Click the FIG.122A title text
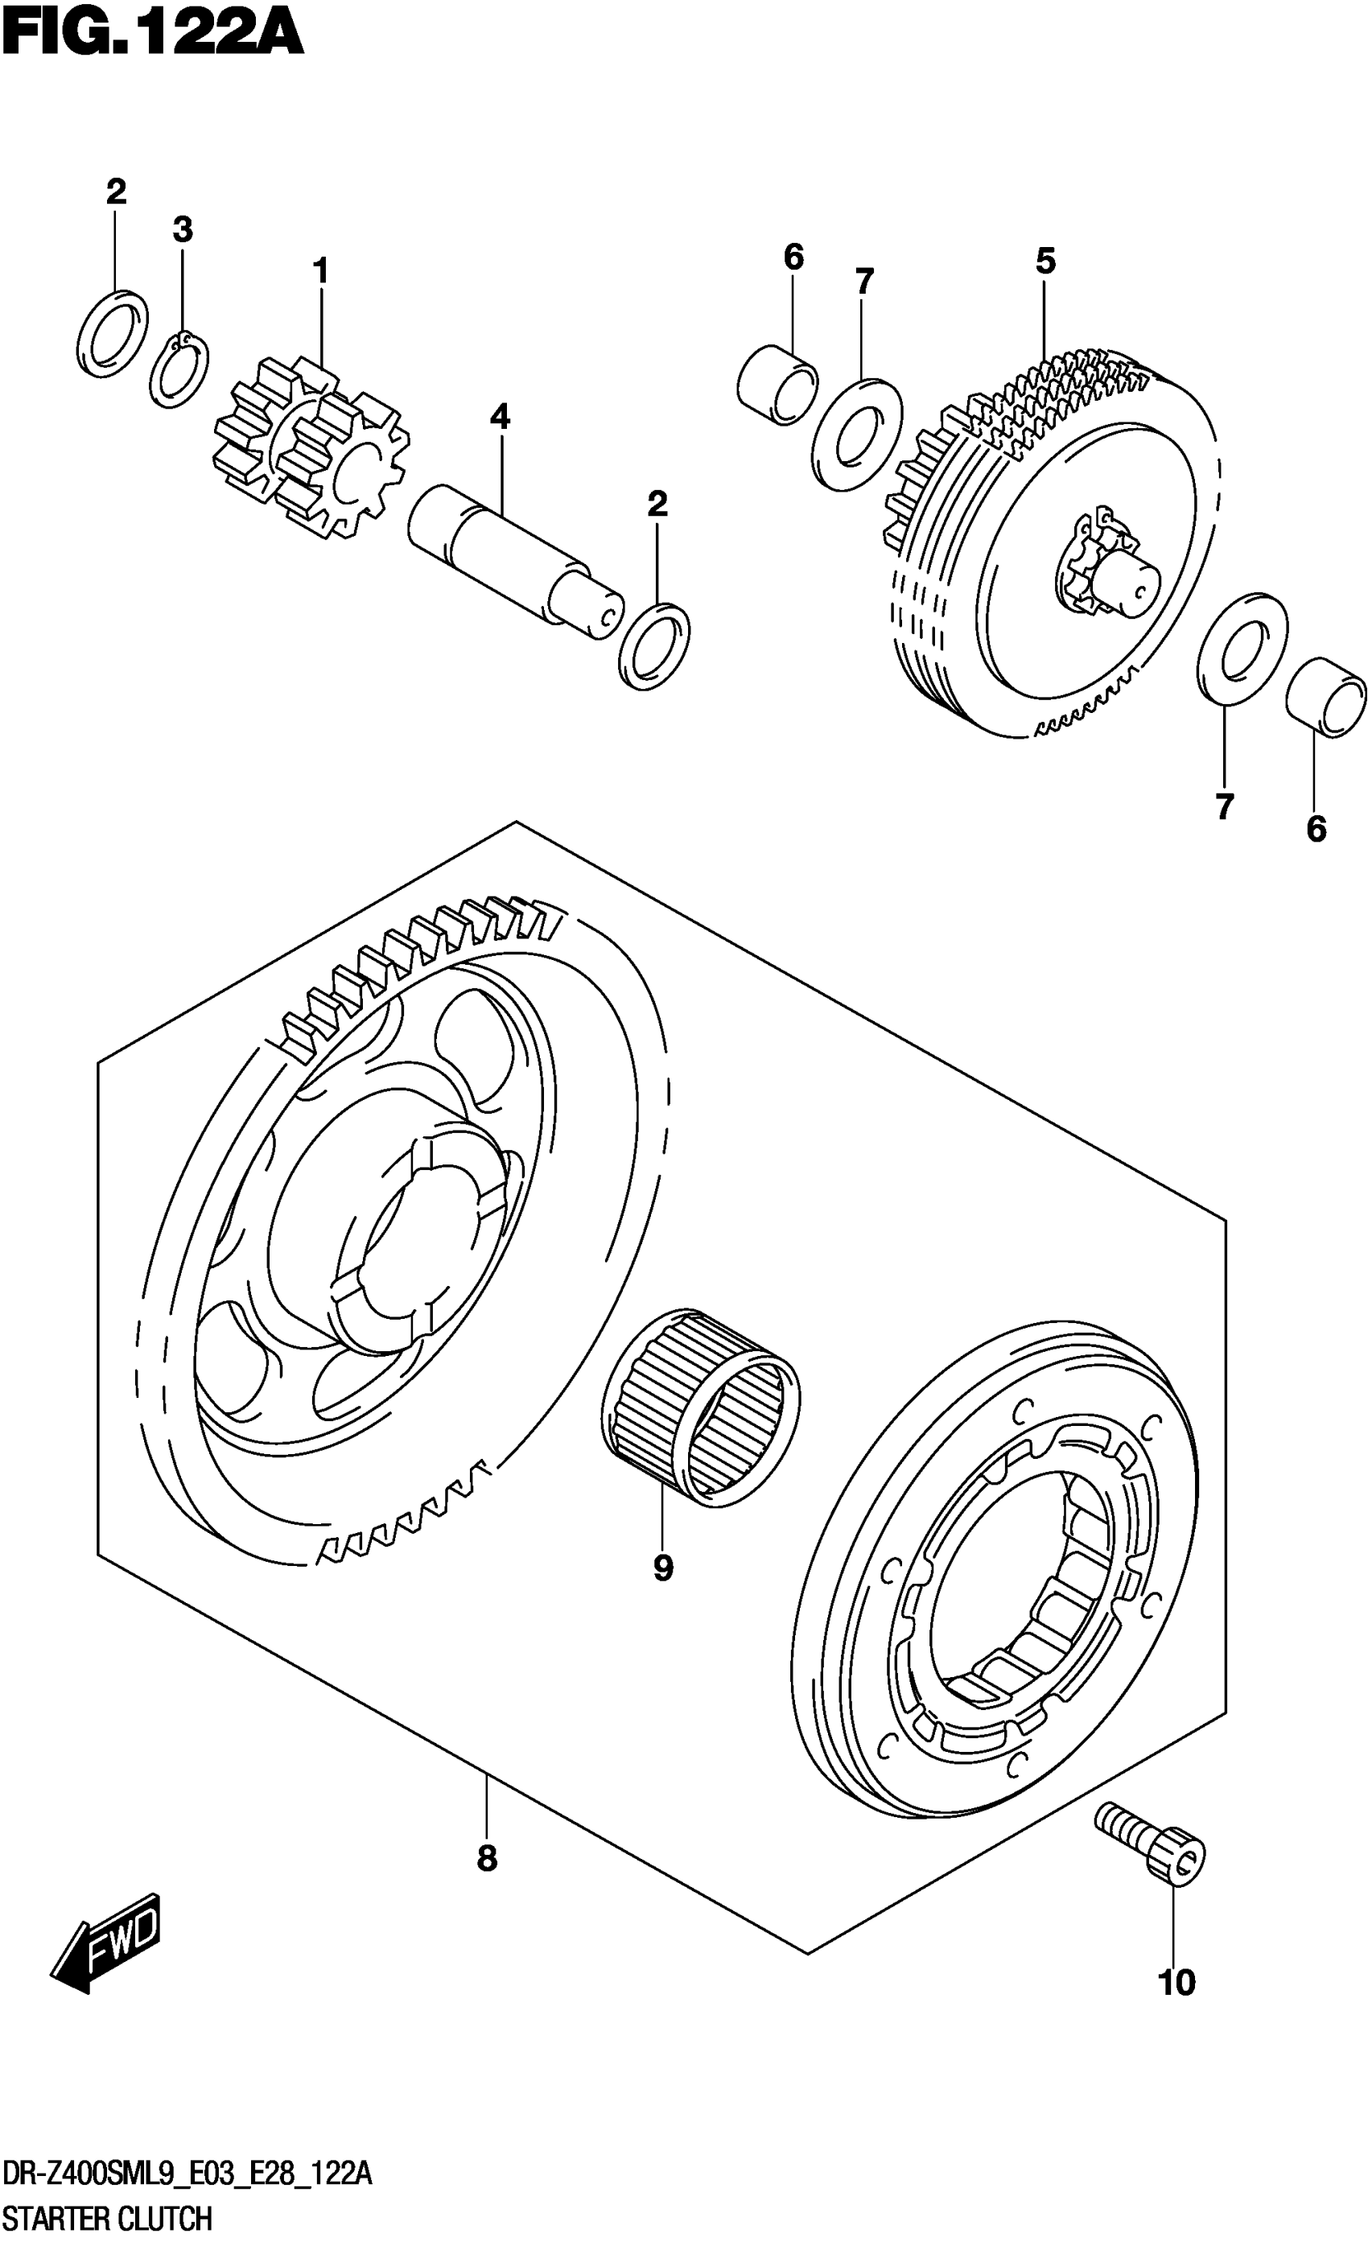coord(151,36)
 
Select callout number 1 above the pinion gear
coord(320,270)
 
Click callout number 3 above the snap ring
coord(183,229)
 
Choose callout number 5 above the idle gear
coord(1045,261)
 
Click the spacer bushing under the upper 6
coord(777,384)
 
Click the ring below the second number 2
coord(653,645)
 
